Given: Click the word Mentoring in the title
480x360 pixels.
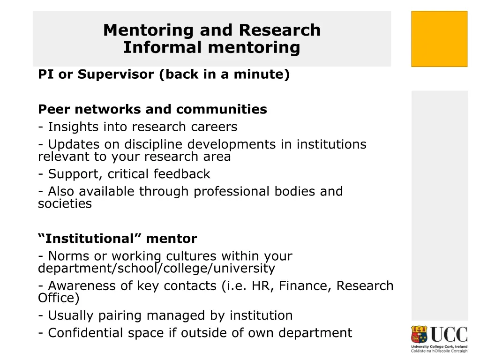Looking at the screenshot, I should click(149, 30).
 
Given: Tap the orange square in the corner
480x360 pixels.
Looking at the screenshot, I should click(439, 39).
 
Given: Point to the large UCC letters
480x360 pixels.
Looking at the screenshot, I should click(449, 335).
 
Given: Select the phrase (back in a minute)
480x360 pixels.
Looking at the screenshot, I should click(224, 75).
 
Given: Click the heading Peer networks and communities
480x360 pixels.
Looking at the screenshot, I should click(152, 109).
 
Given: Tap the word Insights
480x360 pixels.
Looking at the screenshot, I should click(73, 127).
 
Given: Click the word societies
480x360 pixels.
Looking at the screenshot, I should click(65, 204).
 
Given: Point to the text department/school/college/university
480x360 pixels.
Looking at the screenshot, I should click(156, 269).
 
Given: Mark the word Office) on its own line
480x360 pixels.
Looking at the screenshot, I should click(59, 298).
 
